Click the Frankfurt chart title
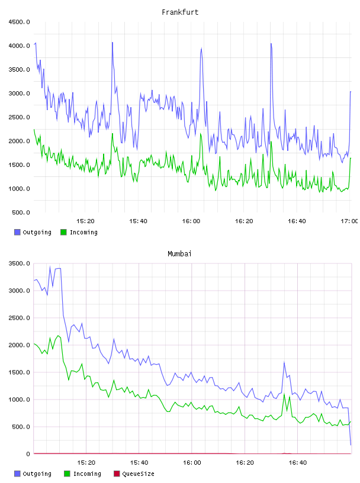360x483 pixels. pyautogui.click(x=180, y=12)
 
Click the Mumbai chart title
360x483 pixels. pyautogui.click(x=179, y=254)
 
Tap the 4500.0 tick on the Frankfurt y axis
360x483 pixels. pyautogui.click(x=19, y=22)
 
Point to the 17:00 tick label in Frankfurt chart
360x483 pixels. pyautogui.click(x=349, y=221)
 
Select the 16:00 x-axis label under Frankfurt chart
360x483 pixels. pyautogui.click(x=191, y=221)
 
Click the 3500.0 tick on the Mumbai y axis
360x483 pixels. pyautogui.click(x=19, y=263)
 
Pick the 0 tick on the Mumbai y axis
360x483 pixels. pyautogui.click(x=28, y=454)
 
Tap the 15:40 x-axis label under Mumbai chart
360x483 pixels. pyautogui.click(x=139, y=462)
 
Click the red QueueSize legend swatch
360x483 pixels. pyautogui.click(x=117, y=474)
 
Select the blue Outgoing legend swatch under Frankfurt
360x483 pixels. pyautogui.click(x=17, y=232)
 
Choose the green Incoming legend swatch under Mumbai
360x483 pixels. pyautogui.click(x=67, y=474)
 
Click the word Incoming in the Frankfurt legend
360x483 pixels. pyautogui.click(x=83, y=232)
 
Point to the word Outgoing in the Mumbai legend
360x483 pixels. pyautogui.click(x=37, y=474)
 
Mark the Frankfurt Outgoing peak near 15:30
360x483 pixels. pyautogui.click(x=112, y=43)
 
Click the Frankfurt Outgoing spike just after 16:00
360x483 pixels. pyautogui.click(x=201, y=48)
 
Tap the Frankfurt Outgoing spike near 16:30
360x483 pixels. pyautogui.click(x=271, y=43)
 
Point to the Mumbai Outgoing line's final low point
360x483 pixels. pyautogui.click(x=351, y=445)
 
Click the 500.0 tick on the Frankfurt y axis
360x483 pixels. pyautogui.click(x=21, y=212)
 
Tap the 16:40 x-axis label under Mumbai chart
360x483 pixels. pyautogui.click(x=298, y=462)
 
